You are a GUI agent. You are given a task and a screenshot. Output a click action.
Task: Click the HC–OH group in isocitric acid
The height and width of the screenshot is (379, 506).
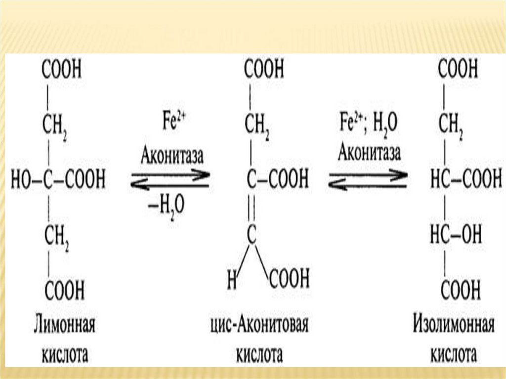(x=457, y=234)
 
